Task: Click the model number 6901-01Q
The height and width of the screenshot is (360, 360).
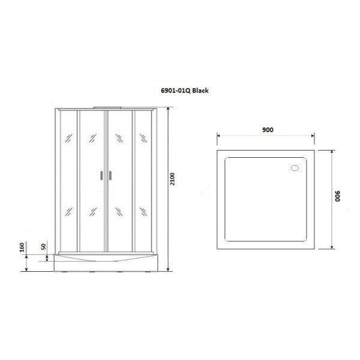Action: (x=176, y=91)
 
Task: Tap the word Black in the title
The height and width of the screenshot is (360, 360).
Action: (x=200, y=91)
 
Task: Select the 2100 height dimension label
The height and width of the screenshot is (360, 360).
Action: (x=173, y=179)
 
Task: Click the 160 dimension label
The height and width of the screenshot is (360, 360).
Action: (x=22, y=247)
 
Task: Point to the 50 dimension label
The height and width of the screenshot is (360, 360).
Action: (x=43, y=247)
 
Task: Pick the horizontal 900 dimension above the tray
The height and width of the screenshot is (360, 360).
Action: (x=268, y=130)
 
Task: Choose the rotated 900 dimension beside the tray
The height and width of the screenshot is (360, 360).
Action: (x=337, y=196)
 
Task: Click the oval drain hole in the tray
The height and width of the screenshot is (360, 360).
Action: (x=295, y=168)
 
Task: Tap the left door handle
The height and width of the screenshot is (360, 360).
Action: (x=101, y=175)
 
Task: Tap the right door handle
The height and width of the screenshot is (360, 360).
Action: (x=110, y=175)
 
